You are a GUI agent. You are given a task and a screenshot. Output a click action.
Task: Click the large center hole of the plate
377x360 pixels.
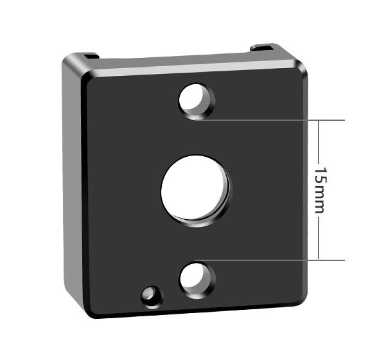[195, 190]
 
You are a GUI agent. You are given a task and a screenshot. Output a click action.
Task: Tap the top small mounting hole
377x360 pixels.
[197, 101]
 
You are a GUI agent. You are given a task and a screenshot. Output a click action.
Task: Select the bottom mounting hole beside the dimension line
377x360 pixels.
[198, 280]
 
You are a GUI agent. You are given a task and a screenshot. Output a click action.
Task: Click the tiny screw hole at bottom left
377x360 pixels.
[152, 297]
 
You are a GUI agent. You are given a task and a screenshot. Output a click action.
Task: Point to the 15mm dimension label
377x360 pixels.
[321, 190]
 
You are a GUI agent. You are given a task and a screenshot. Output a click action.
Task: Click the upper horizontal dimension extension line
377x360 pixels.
[270, 120]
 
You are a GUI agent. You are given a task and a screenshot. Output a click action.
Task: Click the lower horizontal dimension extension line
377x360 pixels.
[270, 260]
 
